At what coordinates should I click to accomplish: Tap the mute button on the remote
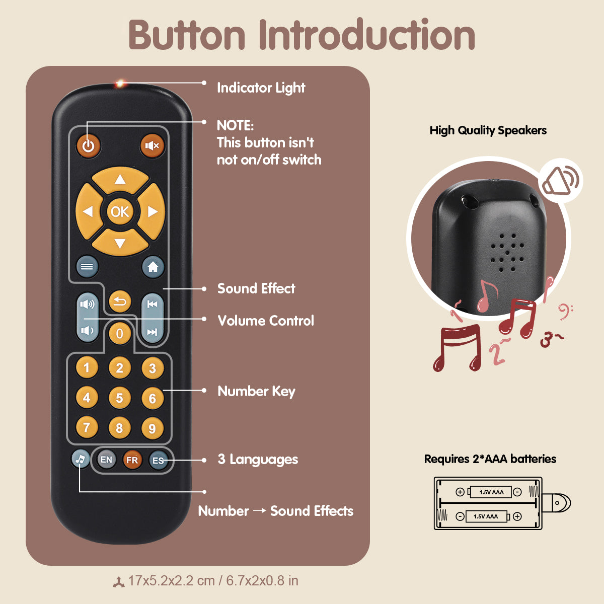pyautogui.click(x=152, y=146)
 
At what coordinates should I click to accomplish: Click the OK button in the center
pyautogui.click(x=120, y=212)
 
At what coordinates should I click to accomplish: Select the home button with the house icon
pyautogui.click(x=153, y=267)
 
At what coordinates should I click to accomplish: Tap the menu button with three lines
pyautogui.click(x=87, y=267)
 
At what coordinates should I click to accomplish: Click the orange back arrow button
pyautogui.click(x=120, y=302)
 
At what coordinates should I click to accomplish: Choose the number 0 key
pyautogui.click(x=120, y=333)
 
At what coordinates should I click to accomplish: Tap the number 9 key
pyautogui.click(x=152, y=428)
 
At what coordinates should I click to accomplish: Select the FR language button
pyautogui.click(x=132, y=460)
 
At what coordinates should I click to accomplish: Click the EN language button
pyautogui.click(x=106, y=460)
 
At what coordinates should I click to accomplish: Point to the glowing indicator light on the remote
pyautogui.click(x=120, y=84)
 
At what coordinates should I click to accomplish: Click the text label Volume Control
pyautogui.click(x=266, y=321)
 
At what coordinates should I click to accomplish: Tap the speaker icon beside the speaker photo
pyautogui.click(x=560, y=181)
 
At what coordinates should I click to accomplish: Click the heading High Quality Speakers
pyautogui.click(x=488, y=130)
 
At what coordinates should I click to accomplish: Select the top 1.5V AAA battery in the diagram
pyautogui.click(x=491, y=492)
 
